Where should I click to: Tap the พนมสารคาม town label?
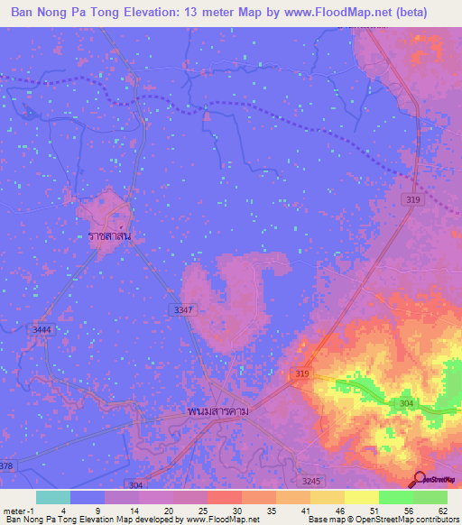pyautogui.click(x=217, y=410)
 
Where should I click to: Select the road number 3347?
pyautogui.click(x=183, y=309)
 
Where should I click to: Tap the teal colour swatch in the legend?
pyautogui.click(x=53, y=497)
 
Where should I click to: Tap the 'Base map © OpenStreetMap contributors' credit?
pyautogui.click(x=382, y=520)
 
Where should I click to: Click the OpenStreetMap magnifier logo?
pyautogui.click(x=420, y=481)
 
